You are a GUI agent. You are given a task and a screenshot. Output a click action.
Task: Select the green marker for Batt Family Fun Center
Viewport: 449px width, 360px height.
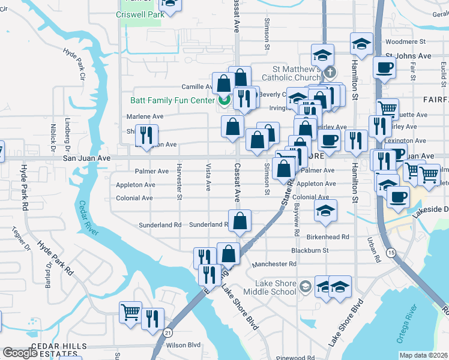coord(224,100)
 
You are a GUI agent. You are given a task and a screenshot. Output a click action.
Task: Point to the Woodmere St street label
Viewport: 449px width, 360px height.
coord(405,42)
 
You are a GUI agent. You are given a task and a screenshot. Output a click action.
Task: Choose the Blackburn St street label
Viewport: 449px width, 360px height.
coord(310,250)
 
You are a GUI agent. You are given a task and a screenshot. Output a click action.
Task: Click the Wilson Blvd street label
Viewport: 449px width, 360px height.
coord(183,345)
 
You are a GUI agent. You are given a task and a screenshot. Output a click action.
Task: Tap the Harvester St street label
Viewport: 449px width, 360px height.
coord(179,179)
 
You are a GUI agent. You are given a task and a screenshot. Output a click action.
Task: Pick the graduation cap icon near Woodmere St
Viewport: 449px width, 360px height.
coord(361,43)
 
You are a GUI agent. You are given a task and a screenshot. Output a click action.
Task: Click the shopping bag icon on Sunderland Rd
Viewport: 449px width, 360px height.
coord(240,221)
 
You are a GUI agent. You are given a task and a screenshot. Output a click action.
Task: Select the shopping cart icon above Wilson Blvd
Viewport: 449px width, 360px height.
coord(131,312)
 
